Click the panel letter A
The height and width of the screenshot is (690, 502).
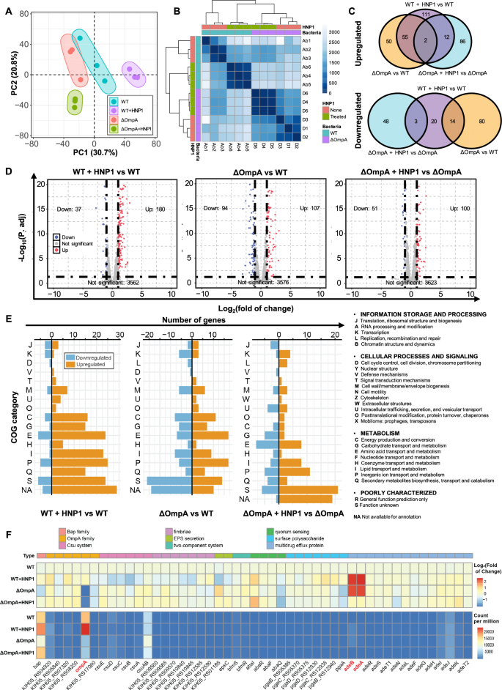pos(8,8)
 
